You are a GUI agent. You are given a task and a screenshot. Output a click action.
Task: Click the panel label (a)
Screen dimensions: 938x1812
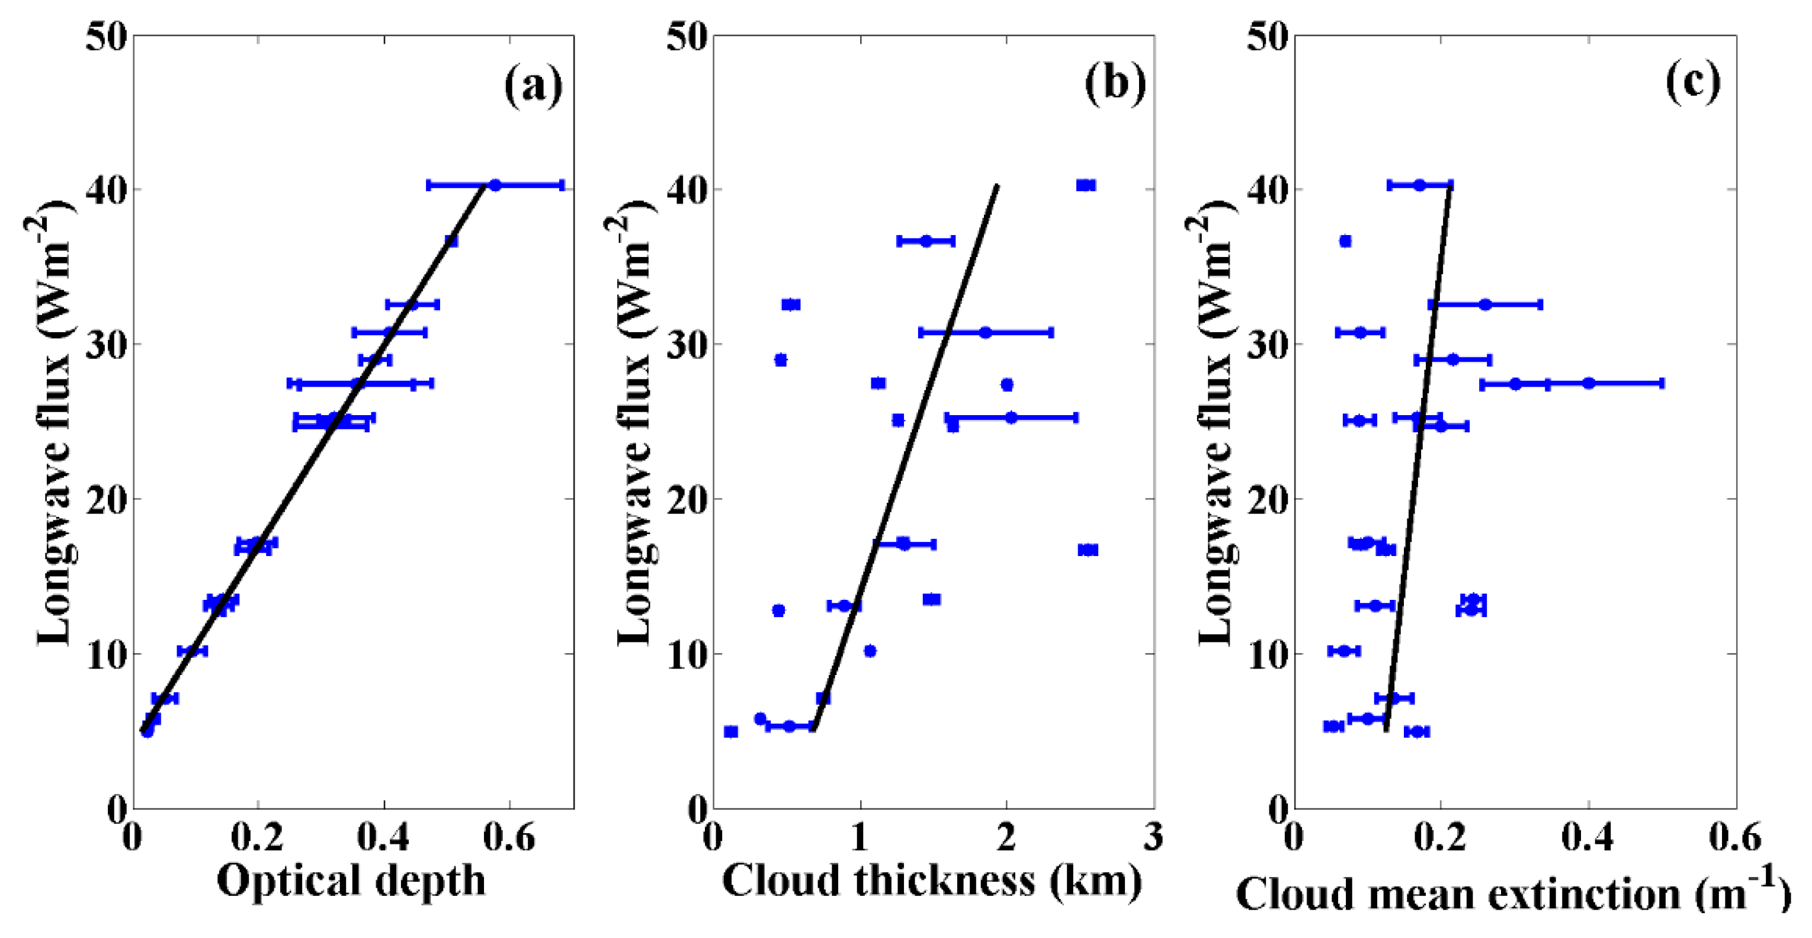(x=533, y=85)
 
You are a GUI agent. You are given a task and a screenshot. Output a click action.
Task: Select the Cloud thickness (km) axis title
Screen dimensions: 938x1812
(x=932, y=881)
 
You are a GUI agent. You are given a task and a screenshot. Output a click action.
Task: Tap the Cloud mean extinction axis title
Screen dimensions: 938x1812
(x=1512, y=893)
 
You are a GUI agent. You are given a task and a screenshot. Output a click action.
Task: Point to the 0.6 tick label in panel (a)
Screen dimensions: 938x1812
(x=510, y=838)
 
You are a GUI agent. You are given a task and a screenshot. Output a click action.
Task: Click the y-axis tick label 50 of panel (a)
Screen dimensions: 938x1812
(x=107, y=37)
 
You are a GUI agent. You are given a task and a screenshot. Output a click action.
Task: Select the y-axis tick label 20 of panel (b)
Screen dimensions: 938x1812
(x=687, y=500)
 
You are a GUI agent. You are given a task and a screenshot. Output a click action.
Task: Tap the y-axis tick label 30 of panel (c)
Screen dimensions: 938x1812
(x=1268, y=345)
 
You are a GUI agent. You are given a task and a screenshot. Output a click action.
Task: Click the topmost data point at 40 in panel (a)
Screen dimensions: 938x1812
(x=495, y=185)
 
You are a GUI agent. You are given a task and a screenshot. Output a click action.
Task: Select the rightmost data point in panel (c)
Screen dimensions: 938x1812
(x=1588, y=383)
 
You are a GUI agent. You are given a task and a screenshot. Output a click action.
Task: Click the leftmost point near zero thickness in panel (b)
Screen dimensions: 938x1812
(x=731, y=732)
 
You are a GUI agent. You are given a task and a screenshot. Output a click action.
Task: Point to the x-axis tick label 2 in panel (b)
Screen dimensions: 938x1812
(x=1006, y=838)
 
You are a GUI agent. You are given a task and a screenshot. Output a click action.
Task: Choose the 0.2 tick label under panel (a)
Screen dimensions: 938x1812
(x=258, y=838)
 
